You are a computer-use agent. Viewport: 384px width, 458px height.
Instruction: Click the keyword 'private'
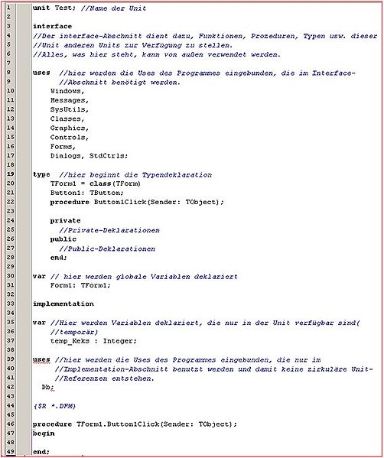click(x=66, y=220)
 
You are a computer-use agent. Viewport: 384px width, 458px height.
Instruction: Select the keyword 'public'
click(x=63, y=239)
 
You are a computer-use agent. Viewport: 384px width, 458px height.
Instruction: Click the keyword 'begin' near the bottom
click(x=43, y=433)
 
